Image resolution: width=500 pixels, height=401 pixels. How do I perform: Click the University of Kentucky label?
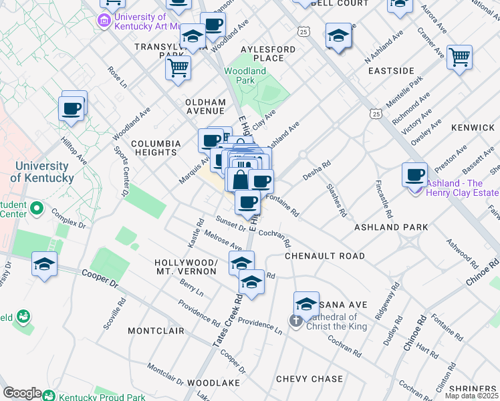click(41, 172)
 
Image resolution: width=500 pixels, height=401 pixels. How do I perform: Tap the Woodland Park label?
click(245, 76)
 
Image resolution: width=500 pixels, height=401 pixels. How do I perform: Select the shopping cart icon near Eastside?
click(459, 57)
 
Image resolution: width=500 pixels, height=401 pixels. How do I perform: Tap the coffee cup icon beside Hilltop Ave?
click(72, 107)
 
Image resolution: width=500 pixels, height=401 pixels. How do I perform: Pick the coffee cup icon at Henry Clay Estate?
click(414, 175)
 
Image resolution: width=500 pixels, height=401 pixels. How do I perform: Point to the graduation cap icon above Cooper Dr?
click(45, 264)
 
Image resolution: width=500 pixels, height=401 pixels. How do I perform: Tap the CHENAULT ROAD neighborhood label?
click(325, 256)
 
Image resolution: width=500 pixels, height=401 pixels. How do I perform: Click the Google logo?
click(22, 393)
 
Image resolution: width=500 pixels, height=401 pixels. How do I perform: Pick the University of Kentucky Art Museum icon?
click(104, 21)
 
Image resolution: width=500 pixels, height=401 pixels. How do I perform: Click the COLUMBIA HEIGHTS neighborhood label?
click(156, 148)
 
